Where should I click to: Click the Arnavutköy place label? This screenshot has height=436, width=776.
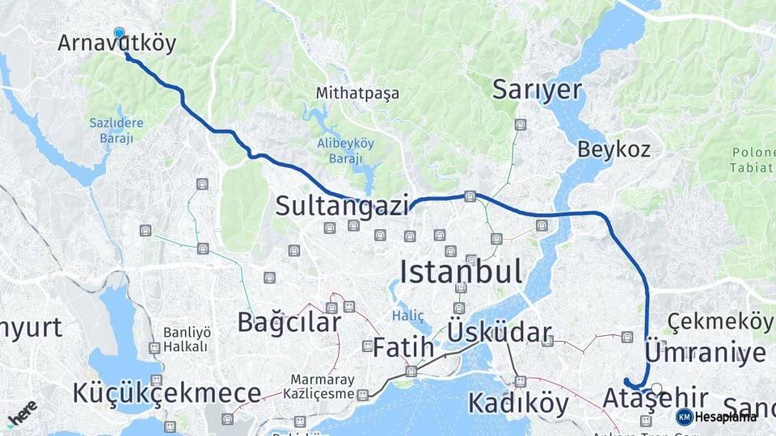(x=117, y=44)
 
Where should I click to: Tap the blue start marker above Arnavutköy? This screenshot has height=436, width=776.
(x=120, y=33)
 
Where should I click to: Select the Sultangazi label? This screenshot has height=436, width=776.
(x=342, y=206)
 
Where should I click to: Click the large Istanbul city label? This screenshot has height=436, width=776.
(x=461, y=271)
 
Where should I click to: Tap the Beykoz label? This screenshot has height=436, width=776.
(x=614, y=149)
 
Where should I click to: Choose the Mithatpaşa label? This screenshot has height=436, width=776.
(x=358, y=93)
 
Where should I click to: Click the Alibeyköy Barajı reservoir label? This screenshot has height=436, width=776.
(x=345, y=150)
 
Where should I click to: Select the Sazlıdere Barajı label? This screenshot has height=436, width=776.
(x=116, y=130)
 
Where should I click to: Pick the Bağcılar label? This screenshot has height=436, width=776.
(x=289, y=321)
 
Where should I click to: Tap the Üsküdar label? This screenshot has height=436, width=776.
(x=500, y=333)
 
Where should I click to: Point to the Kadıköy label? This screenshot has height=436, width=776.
(x=518, y=403)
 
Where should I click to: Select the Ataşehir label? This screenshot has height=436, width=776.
(x=656, y=398)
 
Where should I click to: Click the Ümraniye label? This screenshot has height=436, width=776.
(x=705, y=353)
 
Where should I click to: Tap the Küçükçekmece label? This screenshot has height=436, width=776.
(x=167, y=393)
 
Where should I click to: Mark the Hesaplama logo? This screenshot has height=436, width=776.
(x=716, y=417)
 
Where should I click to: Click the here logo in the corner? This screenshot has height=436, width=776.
(x=22, y=412)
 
